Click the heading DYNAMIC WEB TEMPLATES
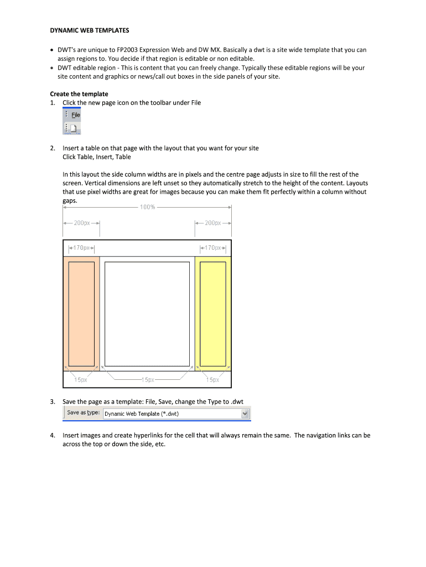89,30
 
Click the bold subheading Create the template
79,94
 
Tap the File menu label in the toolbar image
75,115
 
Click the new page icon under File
72,128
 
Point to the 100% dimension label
147,207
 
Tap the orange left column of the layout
81,313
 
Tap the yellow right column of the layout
213,313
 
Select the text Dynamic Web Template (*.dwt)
142,414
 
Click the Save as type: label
84,413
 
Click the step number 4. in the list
53,435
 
